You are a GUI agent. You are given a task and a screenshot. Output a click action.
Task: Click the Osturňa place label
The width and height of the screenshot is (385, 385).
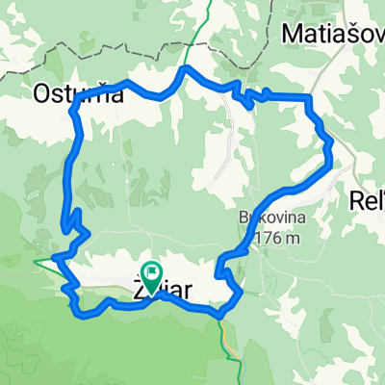tap(66, 93)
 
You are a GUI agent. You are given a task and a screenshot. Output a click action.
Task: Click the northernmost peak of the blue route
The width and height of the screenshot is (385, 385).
tap(186, 68)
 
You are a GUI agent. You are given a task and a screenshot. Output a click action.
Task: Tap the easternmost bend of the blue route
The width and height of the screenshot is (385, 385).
tap(331, 159)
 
